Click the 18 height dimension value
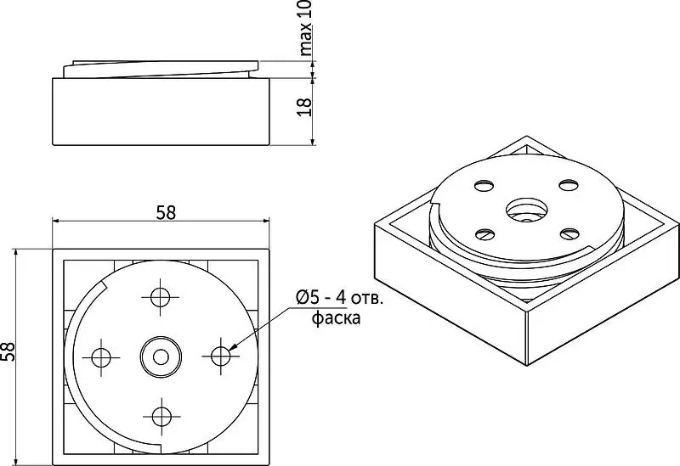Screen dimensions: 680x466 click(305, 107)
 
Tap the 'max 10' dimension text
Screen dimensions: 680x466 click(305, 28)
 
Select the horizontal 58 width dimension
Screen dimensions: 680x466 click(166, 213)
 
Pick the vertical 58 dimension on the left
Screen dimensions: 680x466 click(8, 351)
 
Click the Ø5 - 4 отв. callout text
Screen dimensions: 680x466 click(339, 298)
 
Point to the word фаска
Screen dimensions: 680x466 click(336, 318)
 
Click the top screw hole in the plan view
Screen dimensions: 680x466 click(160, 297)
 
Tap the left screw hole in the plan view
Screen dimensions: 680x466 click(101, 357)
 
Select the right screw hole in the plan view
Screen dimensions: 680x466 click(221, 356)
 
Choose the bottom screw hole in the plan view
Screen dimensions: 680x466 click(161, 417)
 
